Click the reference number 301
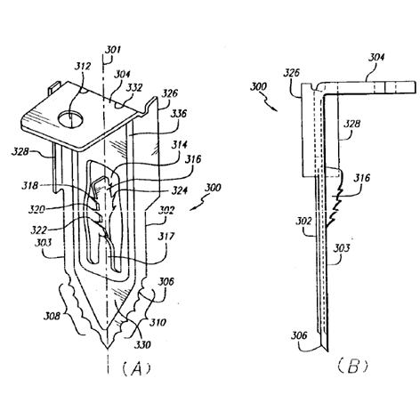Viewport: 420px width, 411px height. [x=113, y=50]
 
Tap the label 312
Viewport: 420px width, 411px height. [x=82, y=66]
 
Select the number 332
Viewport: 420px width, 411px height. [x=134, y=88]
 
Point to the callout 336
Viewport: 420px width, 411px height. [x=179, y=113]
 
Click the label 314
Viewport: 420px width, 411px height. [x=179, y=145]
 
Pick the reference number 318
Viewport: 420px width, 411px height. [x=30, y=186]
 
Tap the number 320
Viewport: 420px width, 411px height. [x=36, y=210]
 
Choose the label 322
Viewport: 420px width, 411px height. [x=39, y=230]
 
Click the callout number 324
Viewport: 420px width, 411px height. [x=179, y=190]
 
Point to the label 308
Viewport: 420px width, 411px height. [x=52, y=316]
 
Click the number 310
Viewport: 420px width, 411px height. [x=157, y=322]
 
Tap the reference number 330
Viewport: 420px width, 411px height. [x=142, y=344]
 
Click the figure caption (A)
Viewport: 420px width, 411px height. [x=136, y=368]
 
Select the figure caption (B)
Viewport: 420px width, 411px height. [x=352, y=367]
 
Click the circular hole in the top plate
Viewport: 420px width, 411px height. [x=70, y=120]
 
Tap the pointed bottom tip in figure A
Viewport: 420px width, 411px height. [x=107, y=349]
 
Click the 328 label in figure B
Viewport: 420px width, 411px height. [x=352, y=124]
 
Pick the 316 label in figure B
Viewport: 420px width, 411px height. [x=362, y=178]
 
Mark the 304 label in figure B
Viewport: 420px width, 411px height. [x=376, y=57]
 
